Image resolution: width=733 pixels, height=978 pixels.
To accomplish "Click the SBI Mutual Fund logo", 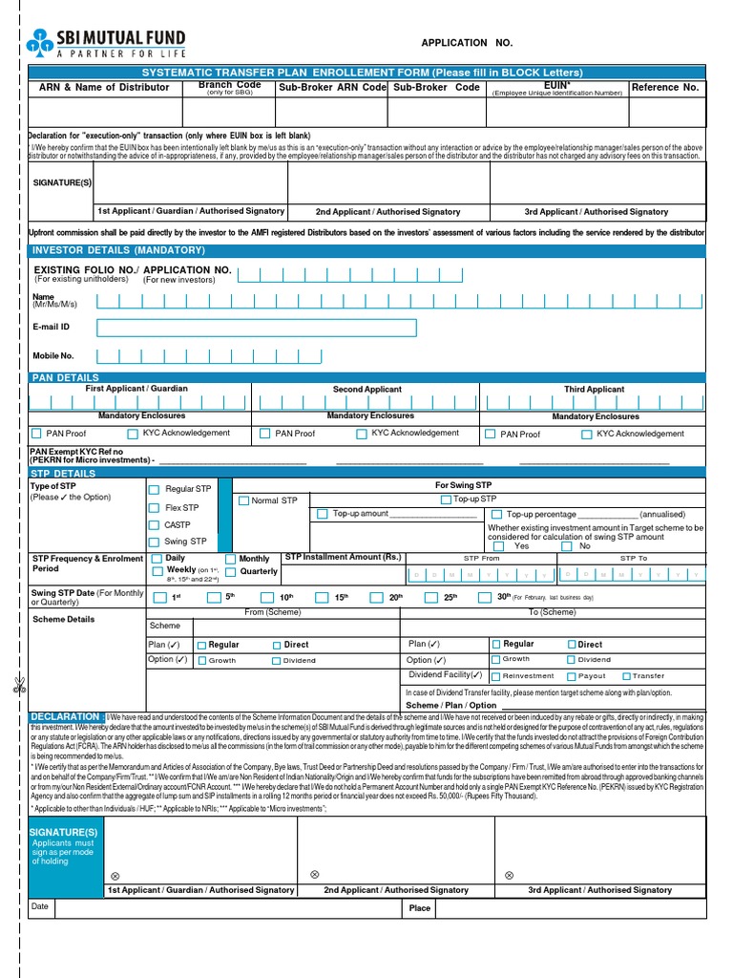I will point(107,43).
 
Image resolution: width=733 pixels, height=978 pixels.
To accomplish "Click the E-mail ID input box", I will point(257,329).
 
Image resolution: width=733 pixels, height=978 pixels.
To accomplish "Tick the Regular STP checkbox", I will point(154,489).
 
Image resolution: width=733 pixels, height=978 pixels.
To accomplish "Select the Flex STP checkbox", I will point(154,508).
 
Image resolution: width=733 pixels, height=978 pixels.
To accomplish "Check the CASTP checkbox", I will point(154,525).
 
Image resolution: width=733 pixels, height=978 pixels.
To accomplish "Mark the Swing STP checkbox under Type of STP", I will point(154,542).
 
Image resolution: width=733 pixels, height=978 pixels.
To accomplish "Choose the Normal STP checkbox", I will point(243,500).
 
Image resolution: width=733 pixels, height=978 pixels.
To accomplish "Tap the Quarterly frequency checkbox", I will point(230,572).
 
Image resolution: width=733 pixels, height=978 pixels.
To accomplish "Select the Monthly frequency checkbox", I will point(230,559).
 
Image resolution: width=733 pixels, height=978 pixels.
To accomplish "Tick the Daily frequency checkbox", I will point(154,559).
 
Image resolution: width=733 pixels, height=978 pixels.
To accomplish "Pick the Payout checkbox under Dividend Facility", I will point(571,676).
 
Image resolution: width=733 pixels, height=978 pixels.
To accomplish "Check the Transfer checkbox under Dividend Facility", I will point(625,676).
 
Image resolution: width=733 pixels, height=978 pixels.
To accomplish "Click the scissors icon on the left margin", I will point(18,685).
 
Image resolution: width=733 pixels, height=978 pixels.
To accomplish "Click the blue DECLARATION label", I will point(66,716).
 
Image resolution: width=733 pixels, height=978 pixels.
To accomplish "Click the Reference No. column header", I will point(665,87).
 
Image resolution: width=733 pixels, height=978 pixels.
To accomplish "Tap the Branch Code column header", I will point(229,87).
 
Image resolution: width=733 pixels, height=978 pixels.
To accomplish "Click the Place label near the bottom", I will point(420,908).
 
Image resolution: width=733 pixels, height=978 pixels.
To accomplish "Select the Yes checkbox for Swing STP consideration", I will point(497,547).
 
